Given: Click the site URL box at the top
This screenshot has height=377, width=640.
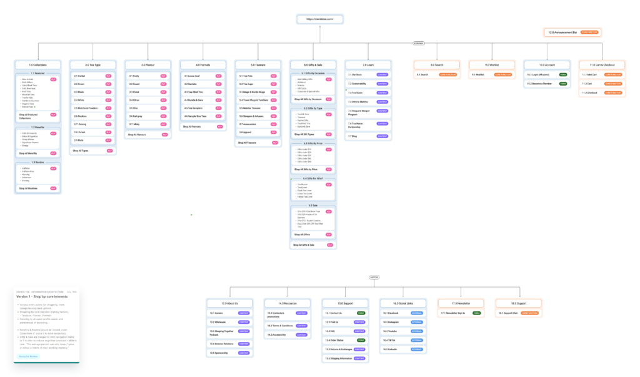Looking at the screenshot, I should [319, 19].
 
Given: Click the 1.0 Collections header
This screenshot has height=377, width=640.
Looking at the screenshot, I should [38, 64].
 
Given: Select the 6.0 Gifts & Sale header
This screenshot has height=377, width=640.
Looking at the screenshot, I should [312, 64].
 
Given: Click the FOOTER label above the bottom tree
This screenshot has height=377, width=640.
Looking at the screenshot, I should [374, 277].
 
